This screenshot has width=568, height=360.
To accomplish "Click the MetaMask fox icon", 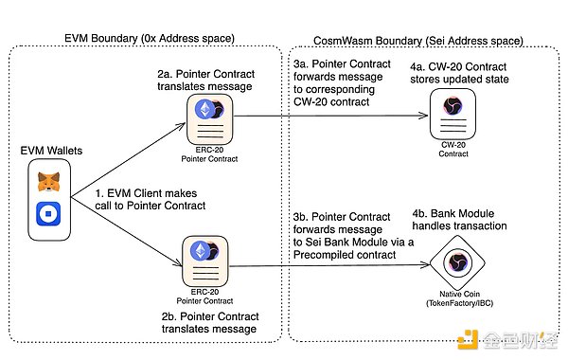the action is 49,182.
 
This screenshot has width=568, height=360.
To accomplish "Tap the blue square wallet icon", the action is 48,214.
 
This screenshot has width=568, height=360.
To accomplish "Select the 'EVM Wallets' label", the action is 51,151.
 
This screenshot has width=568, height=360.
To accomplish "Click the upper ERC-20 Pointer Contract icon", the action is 210,119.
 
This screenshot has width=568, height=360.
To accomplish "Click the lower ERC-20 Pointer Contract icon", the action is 205,261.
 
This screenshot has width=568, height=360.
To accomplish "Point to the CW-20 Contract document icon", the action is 453,114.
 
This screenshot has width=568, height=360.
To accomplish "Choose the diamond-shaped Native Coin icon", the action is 457,262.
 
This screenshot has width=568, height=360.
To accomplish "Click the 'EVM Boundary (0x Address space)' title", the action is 150,39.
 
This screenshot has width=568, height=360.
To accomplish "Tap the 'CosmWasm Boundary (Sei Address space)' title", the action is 418,41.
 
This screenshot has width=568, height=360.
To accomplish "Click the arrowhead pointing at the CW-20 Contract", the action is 424,116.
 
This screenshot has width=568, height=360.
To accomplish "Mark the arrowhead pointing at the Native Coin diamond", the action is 425,264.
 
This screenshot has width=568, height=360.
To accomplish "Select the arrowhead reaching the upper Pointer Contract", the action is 182,126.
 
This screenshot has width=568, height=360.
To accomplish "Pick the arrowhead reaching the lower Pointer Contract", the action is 178,263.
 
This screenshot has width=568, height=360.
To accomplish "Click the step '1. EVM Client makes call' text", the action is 151,199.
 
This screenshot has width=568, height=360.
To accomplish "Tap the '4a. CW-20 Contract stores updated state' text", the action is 459,73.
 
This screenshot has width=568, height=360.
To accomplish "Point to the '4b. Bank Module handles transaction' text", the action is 459,220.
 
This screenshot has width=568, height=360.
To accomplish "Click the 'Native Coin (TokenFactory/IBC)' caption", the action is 460,298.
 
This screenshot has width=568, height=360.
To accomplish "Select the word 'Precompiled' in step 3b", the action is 320,255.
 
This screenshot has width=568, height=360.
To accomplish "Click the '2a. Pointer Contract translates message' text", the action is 205,81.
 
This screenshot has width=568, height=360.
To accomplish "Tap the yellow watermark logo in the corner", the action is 468,340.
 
